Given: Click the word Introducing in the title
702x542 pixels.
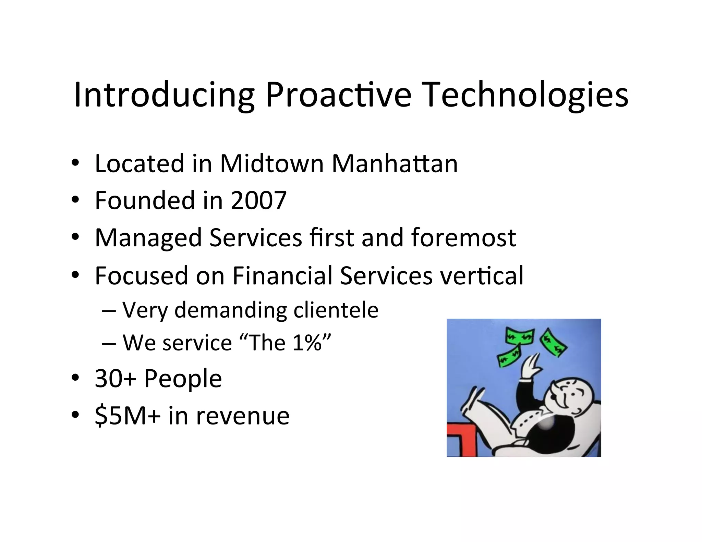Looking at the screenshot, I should click(x=164, y=95).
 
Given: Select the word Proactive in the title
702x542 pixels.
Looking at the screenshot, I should click(x=338, y=95).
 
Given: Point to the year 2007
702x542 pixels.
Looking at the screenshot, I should click(x=259, y=200).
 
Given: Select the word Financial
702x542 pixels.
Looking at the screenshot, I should click(x=282, y=275).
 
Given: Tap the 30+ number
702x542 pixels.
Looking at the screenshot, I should click(x=116, y=379).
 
